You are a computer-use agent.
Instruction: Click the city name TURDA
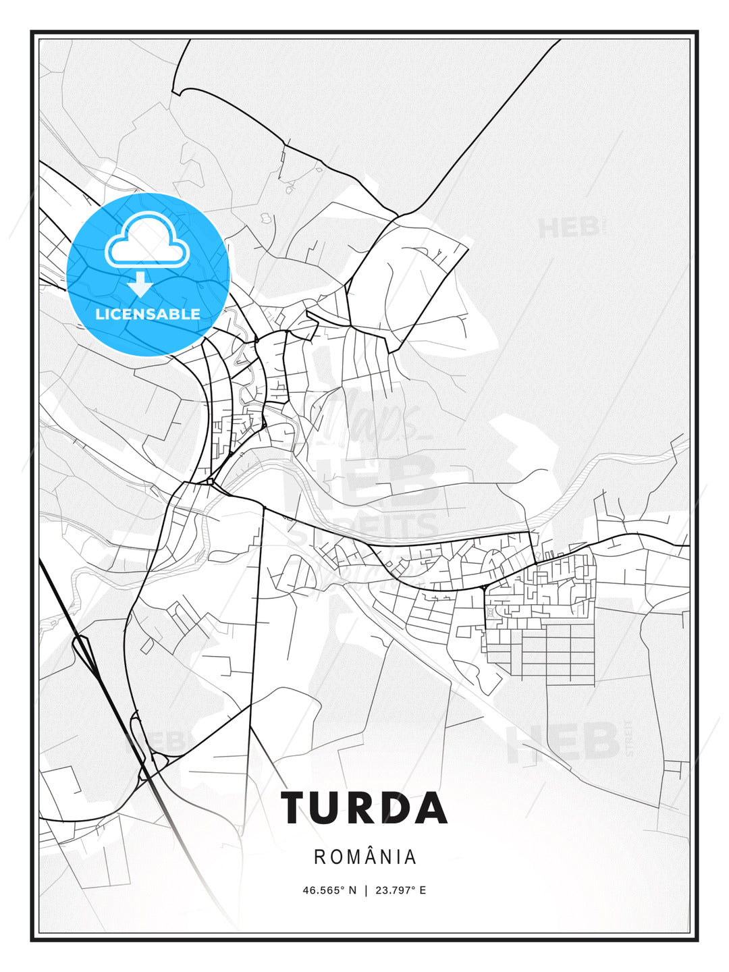(x=364, y=808)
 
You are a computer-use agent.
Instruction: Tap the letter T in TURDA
(x=296, y=808)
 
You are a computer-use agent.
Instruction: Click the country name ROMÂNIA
(x=365, y=857)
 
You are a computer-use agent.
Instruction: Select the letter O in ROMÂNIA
(x=336, y=857)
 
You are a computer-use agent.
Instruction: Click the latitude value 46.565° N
(x=329, y=890)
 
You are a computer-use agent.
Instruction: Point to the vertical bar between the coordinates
(x=366, y=890)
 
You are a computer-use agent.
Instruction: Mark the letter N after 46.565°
(x=352, y=890)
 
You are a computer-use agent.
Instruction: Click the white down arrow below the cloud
(x=140, y=283)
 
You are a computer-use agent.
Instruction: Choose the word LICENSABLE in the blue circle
(x=148, y=315)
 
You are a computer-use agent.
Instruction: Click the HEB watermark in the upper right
(x=569, y=227)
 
